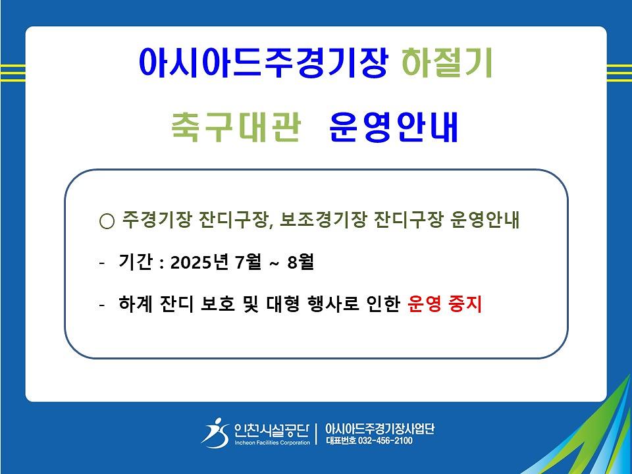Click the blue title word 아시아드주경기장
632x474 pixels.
click(x=263, y=63)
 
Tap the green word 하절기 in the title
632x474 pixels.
click(x=448, y=63)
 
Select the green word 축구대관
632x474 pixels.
click(x=236, y=126)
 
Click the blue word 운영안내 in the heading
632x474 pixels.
click(x=394, y=126)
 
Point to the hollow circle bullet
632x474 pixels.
click(x=107, y=221)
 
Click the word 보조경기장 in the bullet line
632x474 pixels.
click(x=323, y=220)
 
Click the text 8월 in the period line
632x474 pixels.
click(x=301, y=262)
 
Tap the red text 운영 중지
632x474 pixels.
click(x=444, y=304)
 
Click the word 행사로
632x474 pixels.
click(x=333, y=304)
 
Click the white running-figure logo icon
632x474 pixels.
click(x=215, y=433)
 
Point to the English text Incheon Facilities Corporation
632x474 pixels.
click(x=273, y=442)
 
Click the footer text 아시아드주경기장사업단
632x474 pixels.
click(x=380, y=429)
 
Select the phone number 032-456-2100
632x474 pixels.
click(x=385, y=440)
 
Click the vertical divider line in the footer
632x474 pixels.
click(x=317, y=434)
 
